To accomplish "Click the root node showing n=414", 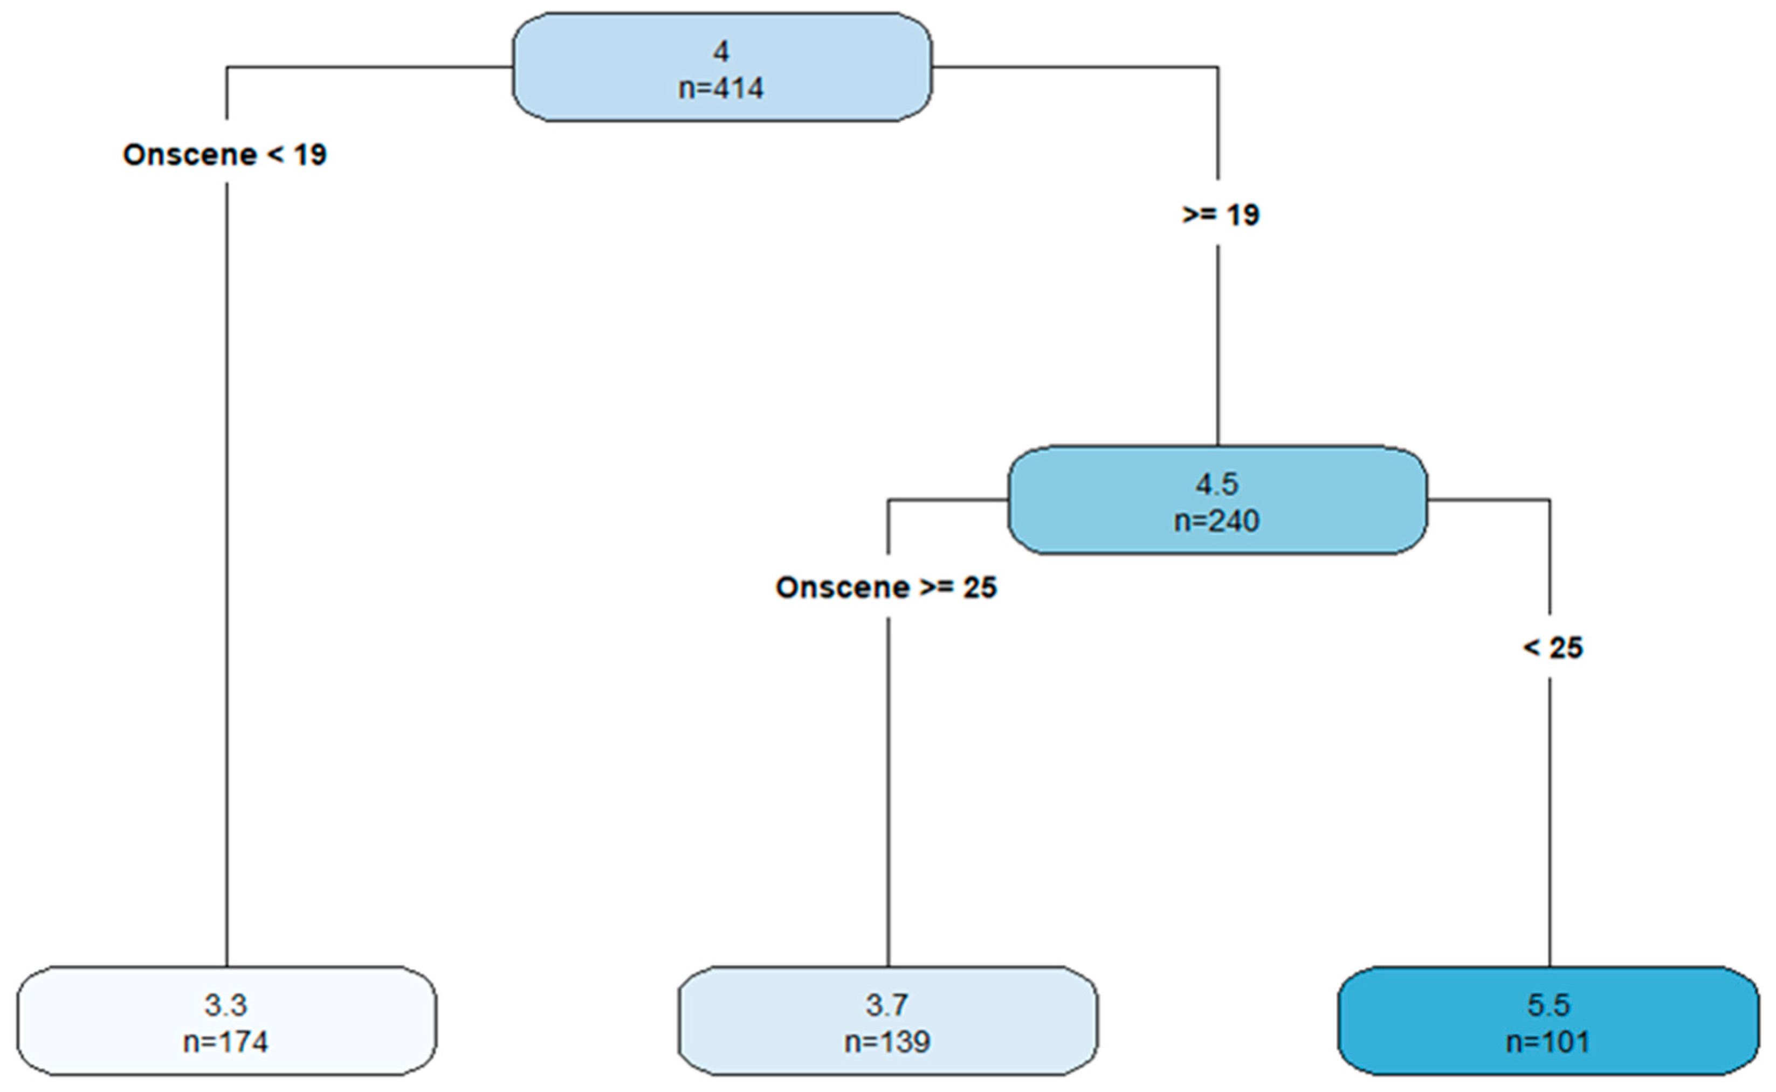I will (721, 68).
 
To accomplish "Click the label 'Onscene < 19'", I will (225, 155).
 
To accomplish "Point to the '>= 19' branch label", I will (1221, 215).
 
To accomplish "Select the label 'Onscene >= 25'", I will (886, 587).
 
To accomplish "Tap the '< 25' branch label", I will (1553, 647).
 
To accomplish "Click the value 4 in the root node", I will (721, 51).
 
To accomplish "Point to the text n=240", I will (1217, 521).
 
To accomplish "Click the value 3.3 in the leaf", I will (225, 1005).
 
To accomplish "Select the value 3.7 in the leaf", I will (887, 1005).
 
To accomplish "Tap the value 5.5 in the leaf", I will (1548, 1005).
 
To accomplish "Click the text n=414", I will (721, 88).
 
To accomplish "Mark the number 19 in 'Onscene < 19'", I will (310, 155).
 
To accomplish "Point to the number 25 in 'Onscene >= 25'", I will (979, 587).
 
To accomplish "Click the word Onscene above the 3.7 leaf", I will (842, 587).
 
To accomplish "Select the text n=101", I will (1548, 1041).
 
